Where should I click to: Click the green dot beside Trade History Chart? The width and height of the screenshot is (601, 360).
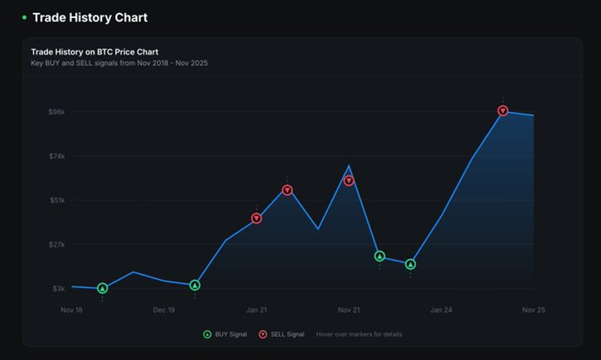pos(25,17)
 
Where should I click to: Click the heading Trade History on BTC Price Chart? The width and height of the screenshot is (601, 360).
pos(95,52)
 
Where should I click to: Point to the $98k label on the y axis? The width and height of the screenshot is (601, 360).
pos(57,112)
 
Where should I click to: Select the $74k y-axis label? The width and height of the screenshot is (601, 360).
pos(57,156)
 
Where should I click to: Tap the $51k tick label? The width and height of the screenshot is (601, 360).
pos(57,200)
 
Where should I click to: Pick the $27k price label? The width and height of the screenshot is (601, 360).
pos(57,244)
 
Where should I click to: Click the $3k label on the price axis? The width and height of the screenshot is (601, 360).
pos(59,289)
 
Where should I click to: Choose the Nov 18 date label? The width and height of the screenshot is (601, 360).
pos(71,310)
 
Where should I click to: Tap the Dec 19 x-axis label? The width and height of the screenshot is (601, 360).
pos(164,310)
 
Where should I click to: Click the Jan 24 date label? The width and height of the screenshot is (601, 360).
pos(441,310)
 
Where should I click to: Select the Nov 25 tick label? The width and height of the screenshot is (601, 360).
pos(533,310)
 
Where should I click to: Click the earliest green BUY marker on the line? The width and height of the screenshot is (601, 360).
pos(102,289)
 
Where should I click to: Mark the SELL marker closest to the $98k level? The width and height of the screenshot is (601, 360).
pos(503,110)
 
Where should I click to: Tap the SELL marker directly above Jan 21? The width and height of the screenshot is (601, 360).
pos(256,219)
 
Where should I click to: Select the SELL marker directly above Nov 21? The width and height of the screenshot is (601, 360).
pos(349,180)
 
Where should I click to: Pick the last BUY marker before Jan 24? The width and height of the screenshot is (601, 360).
pos(410,264)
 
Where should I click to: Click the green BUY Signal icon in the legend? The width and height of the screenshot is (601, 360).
pos(207,334)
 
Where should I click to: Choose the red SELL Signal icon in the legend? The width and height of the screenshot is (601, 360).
pos(262,334)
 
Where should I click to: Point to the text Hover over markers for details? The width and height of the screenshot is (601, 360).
pos(359,334)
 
